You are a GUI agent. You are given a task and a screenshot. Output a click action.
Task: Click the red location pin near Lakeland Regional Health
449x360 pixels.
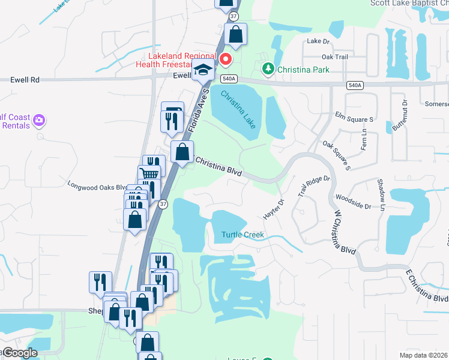click(x=226, y=59)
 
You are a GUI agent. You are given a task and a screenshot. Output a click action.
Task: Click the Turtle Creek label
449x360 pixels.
click(x=243, y=235)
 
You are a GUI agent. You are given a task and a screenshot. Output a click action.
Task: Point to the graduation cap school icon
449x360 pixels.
click(x=203, y=71)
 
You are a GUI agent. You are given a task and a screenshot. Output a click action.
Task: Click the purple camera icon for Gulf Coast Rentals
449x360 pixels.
click(x=39, y=120)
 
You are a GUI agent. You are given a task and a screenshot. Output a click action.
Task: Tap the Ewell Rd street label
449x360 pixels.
click(x=25, y=79)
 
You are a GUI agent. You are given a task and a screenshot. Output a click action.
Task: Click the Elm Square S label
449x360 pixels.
click(x=355, y=119)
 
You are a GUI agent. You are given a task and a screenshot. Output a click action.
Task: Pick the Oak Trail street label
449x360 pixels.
click(x=335, y=57)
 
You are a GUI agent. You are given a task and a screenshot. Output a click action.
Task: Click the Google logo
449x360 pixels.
click(x=20, y=352)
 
